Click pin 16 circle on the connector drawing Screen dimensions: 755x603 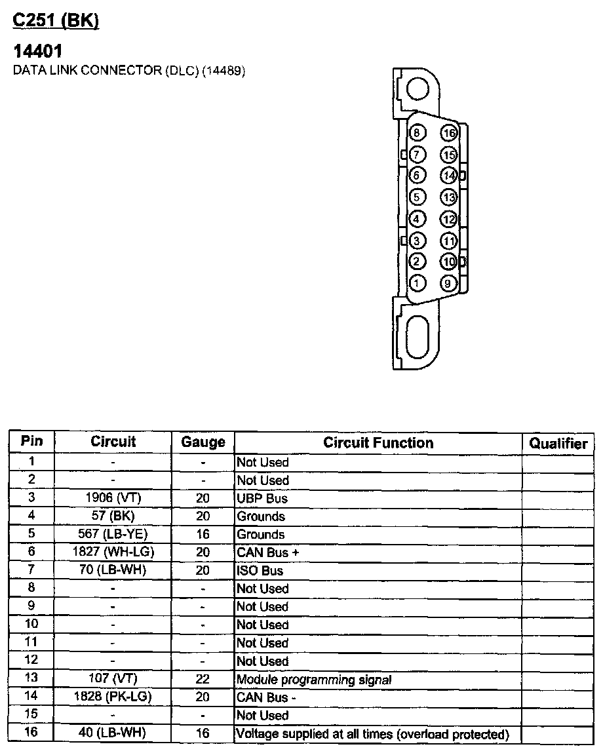click(x=448, y=134)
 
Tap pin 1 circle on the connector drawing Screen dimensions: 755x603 click(x=418, y=283)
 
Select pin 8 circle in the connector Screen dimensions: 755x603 click(x=418, y=134)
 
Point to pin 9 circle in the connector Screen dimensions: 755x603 click(x=448, y=284)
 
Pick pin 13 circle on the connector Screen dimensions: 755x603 click(x=448, y=197)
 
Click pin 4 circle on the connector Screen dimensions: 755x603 click(x=418, y=219)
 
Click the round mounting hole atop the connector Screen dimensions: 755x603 click(x=418, y=89)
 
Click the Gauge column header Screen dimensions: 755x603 click(x=203, y=442)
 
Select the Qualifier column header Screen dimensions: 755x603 click(x=558, y=444)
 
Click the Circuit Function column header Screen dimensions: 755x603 click(x=378, y=442)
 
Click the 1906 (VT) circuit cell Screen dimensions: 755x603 click(x=113, y=498)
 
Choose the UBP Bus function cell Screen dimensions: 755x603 click(x=262, y=498)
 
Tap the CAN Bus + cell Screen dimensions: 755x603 click(x=268, y=552)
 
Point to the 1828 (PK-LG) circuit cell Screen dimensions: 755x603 click(x=113, y=697)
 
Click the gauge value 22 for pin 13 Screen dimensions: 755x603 click(x=203, y=679)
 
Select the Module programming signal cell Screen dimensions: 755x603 click(x=314, y=680)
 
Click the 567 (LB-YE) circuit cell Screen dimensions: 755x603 click(x=113, y=534)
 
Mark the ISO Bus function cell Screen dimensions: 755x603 click(x=260, y=571)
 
